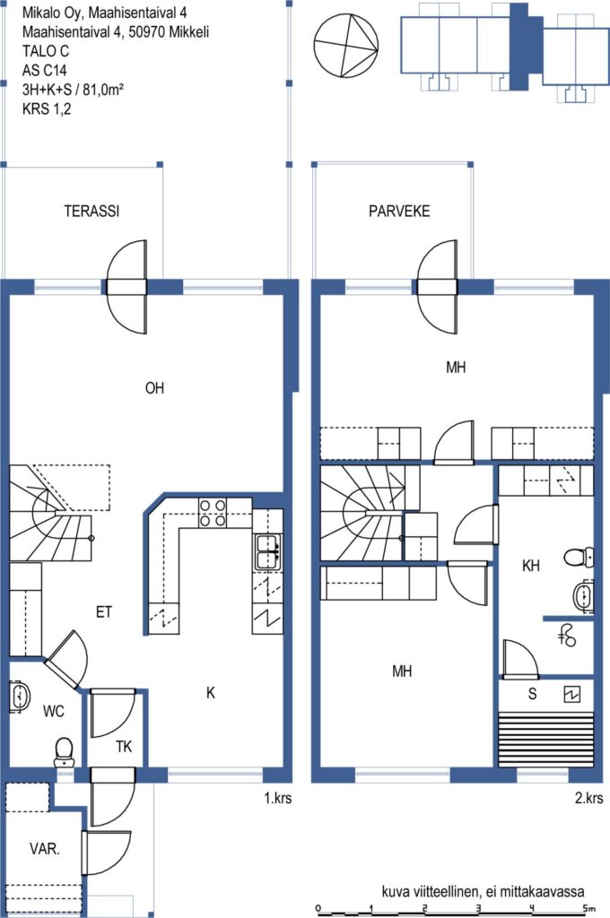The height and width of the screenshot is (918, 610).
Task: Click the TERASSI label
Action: pos(91,211)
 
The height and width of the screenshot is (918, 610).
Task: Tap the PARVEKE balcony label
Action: pos(399,211)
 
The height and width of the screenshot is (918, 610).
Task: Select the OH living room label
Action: pos(154,387)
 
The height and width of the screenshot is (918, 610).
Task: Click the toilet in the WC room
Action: pos(64,752)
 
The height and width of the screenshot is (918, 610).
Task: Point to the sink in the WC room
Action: pos(19,697)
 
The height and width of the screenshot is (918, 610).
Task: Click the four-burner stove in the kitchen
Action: pos(212,513)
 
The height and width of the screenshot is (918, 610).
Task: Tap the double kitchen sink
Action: pos(267,551)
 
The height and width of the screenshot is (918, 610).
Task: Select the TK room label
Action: pos(124,747)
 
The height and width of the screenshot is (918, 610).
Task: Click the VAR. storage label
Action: pos(45,848)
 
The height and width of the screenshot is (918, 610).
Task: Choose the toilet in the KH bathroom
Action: pos(579,557)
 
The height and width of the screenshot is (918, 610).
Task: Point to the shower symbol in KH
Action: pos(567,636)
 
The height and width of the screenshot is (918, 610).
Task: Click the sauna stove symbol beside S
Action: pos(572,695)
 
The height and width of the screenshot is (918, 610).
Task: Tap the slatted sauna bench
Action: pos(545,740)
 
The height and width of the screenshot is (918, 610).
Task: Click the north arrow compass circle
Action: pos(346,46)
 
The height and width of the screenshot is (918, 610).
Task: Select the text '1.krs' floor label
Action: pos(278,797)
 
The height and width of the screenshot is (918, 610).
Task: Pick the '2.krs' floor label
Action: pos(588,797)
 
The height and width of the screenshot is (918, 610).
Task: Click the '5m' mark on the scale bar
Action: pos(588,908)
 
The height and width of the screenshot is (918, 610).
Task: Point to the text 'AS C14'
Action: pos(45,70)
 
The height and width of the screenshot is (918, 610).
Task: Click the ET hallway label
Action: pos(104,612)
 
